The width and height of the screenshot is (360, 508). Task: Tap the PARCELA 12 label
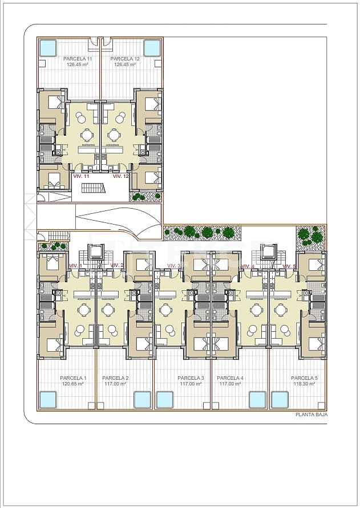coord(125,59)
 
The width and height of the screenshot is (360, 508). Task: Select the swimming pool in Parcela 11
coord(48,47)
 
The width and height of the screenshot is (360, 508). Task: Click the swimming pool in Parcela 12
coord(152,47)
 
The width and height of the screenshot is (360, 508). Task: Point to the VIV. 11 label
coord(82,176)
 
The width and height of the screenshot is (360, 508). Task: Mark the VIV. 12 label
coord(121,176)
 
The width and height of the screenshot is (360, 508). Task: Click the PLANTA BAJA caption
coord(312,414)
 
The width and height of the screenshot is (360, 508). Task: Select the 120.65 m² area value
coord(73,384)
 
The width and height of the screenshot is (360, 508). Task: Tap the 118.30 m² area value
coord(304,384)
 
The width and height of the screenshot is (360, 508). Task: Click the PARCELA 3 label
coord(191,378)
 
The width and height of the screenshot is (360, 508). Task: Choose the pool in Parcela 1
coord(48,400)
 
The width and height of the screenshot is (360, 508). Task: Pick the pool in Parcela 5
coord(280,400)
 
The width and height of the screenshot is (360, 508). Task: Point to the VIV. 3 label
coord(174,266)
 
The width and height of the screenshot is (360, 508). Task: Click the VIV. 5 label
coord(289,266)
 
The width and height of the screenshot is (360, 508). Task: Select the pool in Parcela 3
coord(165,400)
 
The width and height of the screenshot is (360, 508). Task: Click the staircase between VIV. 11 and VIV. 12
coord(94,188)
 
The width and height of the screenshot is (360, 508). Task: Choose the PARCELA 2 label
coord(115,378)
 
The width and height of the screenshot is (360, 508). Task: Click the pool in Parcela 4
coord(258,400)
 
